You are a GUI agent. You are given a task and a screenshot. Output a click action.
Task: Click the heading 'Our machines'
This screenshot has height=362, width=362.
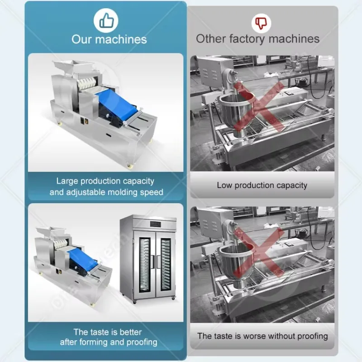(x=109, y=39)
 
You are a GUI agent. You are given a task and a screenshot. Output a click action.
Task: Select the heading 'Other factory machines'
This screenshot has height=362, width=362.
(x=257, y=39)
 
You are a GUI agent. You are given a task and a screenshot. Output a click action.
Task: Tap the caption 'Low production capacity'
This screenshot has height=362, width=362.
(x=262, y=185)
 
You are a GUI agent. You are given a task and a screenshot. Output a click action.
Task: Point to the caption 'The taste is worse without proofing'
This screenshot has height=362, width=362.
(x=262, y=336)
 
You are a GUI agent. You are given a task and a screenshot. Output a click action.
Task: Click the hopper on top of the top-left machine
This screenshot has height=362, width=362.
(x=72, y=68)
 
